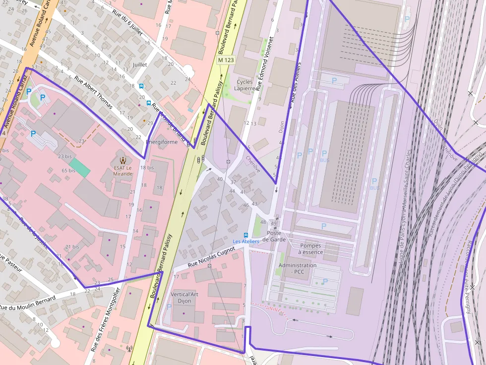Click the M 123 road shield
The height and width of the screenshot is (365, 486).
226,60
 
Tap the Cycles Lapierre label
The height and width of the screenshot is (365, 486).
244,85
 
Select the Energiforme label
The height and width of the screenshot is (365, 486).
161,142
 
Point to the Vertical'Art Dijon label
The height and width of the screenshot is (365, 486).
184,297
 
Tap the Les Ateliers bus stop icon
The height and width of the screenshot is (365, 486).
246,234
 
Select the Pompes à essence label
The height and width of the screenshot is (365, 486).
310,249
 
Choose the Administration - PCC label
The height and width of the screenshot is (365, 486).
298,268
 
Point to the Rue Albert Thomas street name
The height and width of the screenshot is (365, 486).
94,92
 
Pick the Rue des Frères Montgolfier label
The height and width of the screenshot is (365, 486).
105,319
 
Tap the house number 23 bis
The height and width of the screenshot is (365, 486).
65,156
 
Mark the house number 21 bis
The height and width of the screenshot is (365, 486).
72,247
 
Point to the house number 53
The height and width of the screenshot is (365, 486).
34,66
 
